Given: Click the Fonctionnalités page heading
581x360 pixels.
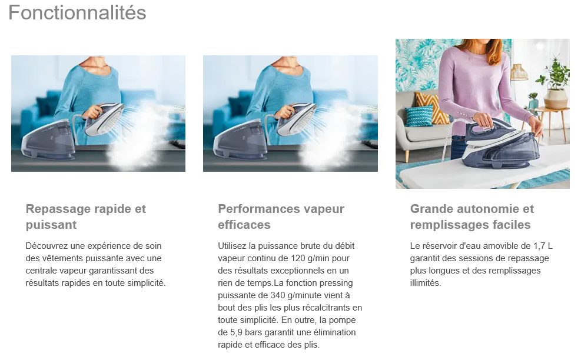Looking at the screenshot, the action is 77,12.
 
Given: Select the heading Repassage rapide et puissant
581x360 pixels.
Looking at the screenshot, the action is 85,216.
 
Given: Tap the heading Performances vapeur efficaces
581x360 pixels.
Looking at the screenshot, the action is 281,216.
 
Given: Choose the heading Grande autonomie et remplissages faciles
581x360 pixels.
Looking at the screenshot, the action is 472,216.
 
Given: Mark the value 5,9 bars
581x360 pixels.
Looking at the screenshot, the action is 247,332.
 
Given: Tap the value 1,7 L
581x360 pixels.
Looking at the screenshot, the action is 543,246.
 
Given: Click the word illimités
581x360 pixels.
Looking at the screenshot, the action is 426,283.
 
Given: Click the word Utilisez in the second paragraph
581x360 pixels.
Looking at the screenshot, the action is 232,246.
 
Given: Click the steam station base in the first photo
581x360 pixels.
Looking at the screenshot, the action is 48,140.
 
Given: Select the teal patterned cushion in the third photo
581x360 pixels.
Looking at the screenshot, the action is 419,116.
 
